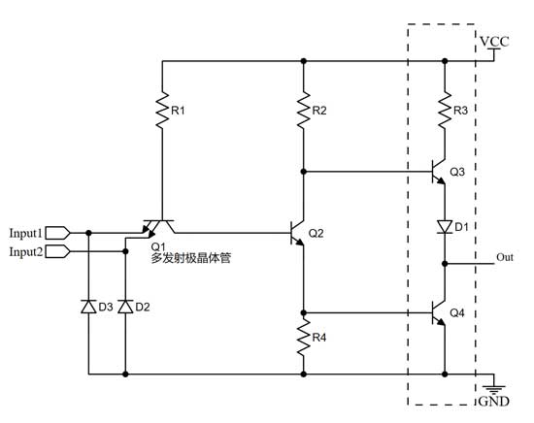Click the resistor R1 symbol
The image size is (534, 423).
(162, 112)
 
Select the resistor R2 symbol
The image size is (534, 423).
(304, 112)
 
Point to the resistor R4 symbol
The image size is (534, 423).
(304, 339)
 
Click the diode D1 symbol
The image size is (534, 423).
(444, 227)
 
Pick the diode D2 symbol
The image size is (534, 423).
(124, 308)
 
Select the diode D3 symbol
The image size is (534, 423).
(88, 308)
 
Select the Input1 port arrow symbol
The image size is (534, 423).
(58, 233)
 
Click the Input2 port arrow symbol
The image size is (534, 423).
(58, 251)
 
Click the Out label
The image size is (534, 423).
(504, 257)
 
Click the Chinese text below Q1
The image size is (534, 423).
(189, 259)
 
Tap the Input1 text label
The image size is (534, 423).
(25, 233)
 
